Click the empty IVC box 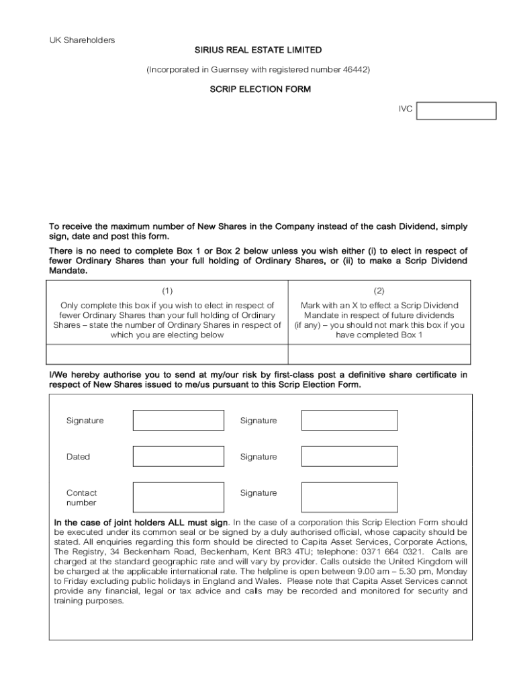456,111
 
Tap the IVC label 405,107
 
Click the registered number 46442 354,69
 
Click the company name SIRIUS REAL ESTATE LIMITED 258,50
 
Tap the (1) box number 167,291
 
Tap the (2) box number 379,291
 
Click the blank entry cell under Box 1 167,354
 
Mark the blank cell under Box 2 379,354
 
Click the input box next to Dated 178,457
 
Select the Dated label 78,457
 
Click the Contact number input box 178,497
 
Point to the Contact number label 81,498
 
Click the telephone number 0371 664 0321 390,551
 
